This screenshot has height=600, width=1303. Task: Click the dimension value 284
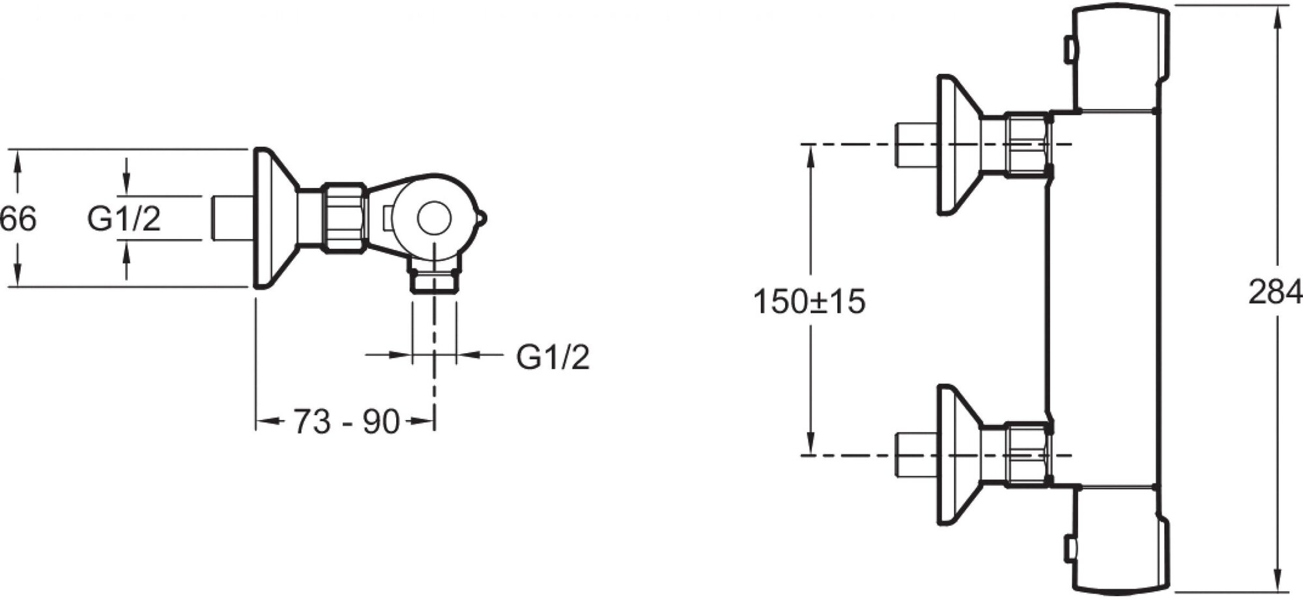coord(1274,293)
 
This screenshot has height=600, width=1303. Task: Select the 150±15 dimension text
coord(809,302)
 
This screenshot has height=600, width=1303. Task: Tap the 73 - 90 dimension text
coord(346,422)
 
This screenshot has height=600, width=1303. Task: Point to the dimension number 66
coord(18,219)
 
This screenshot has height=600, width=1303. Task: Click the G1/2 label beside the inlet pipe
coord(124,219)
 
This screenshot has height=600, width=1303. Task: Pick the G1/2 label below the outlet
coord(553,357)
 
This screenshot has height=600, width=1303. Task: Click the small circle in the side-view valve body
coord(434,218)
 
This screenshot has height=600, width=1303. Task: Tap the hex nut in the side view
coord(345,217)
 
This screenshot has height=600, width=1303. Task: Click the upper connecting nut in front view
coord(1028,145)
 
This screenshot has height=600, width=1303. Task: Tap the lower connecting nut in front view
coord(1028,454)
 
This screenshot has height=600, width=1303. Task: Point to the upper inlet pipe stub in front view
coord(916,145)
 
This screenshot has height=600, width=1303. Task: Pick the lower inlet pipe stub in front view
coord(916,454)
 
